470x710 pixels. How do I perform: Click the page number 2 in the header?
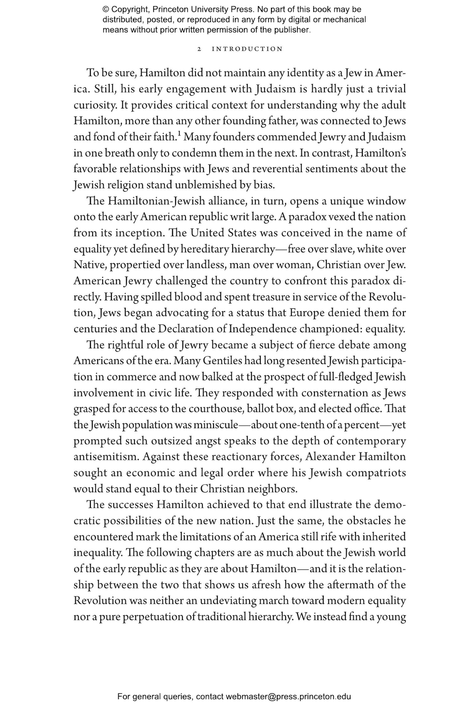pyautogui.click(x=199, y=49)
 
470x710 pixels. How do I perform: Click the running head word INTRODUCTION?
pyautogui.click(x=247, y=49)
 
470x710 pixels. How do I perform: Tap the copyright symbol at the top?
pyautogui.click(x=106, y=9)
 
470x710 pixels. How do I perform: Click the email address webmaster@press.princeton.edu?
pyautogui.click(x=288, y=697)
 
